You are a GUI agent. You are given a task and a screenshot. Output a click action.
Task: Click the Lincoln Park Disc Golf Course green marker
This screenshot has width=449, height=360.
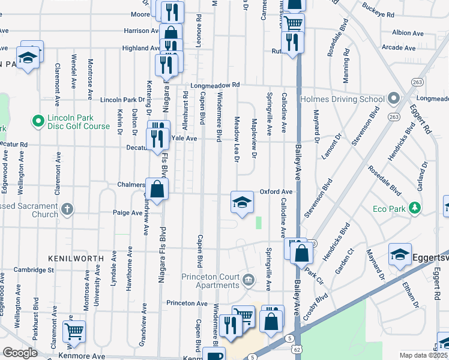[x=38, y=122]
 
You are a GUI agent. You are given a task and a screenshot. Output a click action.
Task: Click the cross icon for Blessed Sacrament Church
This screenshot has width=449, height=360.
[x=68, y=210]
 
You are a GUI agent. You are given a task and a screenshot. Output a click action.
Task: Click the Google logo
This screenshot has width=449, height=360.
[x=20, y=353]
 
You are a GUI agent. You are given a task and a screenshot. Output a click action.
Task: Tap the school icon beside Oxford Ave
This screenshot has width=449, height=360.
[x=242, y=202]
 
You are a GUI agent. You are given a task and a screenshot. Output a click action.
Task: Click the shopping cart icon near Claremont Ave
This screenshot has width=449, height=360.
[x=74, y=331]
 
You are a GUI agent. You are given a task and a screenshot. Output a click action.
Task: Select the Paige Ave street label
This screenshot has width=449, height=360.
[x=127, y=212]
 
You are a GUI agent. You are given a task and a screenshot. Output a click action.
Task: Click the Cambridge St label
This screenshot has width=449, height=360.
[x=34, y=270]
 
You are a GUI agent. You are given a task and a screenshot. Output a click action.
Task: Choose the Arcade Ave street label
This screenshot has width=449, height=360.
[x=399, y=47]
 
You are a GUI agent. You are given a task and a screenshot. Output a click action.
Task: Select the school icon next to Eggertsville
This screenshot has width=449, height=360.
[x=400, y=254]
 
